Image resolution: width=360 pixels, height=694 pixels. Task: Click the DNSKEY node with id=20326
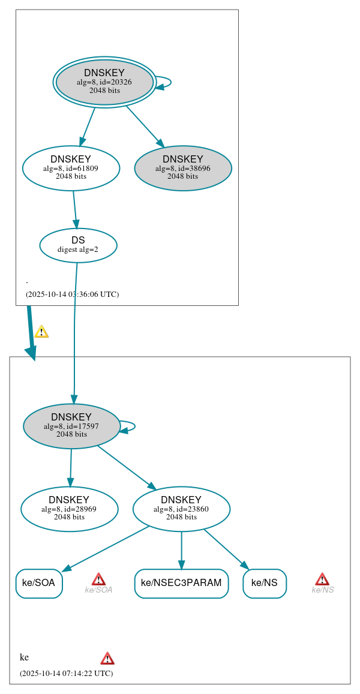click(104, 82)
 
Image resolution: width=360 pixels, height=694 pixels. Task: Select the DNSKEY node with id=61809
click(71, 168)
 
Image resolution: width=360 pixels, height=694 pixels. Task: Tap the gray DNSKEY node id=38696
click(183, 168)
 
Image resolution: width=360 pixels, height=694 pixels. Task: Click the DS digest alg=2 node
click(78, 245)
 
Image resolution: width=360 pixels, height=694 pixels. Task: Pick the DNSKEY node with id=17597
click(71, 426)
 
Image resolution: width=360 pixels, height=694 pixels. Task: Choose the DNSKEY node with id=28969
click(69, 509)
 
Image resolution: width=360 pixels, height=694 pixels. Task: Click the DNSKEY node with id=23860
click(181, 509)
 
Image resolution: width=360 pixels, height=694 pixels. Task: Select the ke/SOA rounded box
click(39, 583)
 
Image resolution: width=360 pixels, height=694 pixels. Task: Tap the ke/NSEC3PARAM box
click(181, 583)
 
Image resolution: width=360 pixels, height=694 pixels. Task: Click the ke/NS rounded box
click(265, 583)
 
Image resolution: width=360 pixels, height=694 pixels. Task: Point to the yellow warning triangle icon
click(41, 332)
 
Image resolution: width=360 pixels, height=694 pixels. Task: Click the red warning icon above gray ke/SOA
click(98, 579)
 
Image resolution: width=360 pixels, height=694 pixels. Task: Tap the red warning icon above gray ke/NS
click(322, 579)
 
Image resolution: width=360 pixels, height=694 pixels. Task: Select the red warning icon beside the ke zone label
click(107, 658)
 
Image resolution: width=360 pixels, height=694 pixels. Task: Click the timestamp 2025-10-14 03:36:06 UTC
click(72, 295)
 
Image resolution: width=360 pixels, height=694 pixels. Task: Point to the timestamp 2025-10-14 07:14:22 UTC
click(66, 673)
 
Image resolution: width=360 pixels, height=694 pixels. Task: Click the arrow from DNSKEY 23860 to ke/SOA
click(105, 548)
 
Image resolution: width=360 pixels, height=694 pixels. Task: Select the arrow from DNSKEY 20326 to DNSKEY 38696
click(145, 126)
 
